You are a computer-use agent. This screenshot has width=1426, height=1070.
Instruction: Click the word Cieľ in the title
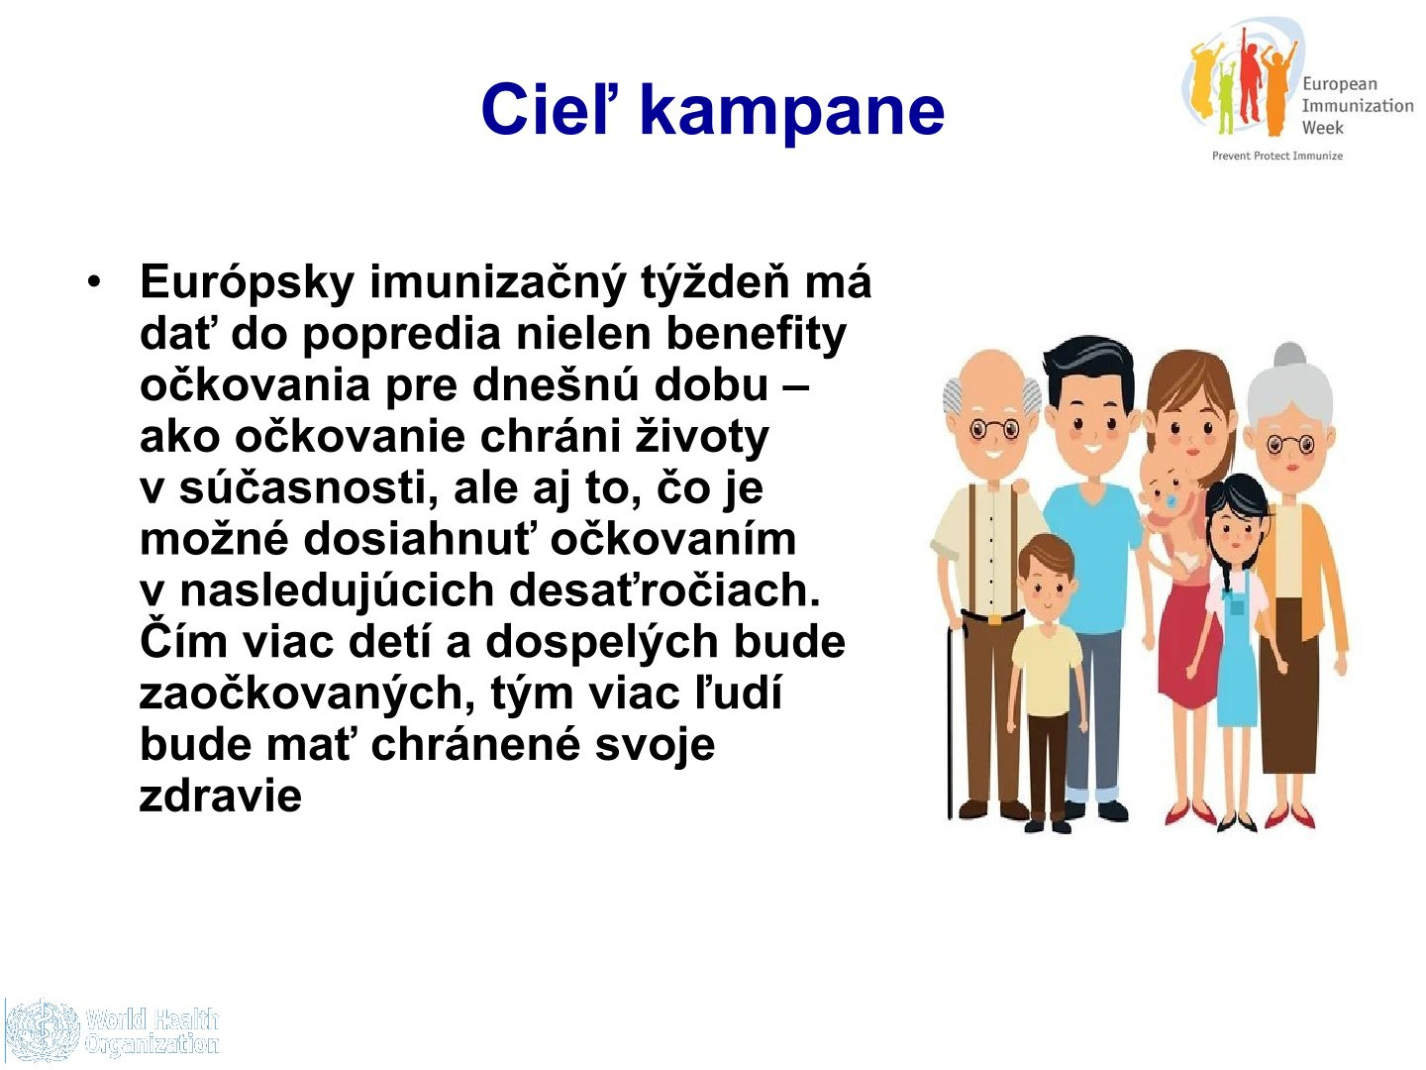(x=547, y=109)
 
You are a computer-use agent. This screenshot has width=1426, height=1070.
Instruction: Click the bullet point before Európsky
(x=95, y=282)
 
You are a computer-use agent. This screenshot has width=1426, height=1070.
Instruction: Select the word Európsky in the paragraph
(x=248, y=282)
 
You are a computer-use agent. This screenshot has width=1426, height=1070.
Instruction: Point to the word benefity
(x=757, y=335)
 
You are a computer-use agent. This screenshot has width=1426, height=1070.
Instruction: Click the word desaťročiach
(x=664, y=589)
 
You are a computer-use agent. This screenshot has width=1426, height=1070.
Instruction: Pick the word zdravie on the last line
(x=221, y=796)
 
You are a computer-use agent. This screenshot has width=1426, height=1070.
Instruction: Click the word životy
(x=702, y=437)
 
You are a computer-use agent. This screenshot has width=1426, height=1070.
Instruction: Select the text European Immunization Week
(x=1358, y=105)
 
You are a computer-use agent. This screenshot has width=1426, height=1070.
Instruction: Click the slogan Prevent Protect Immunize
(x=1277, y=156)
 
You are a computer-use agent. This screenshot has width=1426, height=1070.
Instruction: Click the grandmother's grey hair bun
(x=1289, y=355)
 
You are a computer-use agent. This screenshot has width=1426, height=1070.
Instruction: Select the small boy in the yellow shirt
(x=1047, y=683)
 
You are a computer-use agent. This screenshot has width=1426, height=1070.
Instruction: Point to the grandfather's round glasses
(x=994, y=429)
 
